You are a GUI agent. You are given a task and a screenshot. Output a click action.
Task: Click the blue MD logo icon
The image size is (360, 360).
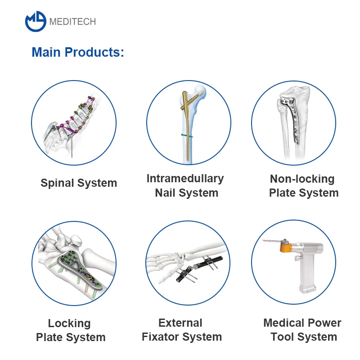(x=36, y=21)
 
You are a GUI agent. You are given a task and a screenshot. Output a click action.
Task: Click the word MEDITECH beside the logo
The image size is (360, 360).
(x=72, y=22)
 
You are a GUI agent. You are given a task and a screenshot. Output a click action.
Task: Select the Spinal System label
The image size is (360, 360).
(x=79, y=183)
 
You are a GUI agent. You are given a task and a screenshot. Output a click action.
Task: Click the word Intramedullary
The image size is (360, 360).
(x=185, y=178)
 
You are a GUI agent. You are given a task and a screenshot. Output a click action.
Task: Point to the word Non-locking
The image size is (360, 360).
(x=302, y=179)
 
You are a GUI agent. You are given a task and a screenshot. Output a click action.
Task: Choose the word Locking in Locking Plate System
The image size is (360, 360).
(x=69, y=323)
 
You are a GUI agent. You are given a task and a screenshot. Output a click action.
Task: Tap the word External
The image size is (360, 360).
(x=180, y=323)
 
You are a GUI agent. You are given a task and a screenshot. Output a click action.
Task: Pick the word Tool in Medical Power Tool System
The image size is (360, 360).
(x=283, y=337)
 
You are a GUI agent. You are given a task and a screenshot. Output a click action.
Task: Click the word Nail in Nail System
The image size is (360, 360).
(x=165, y=193)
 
